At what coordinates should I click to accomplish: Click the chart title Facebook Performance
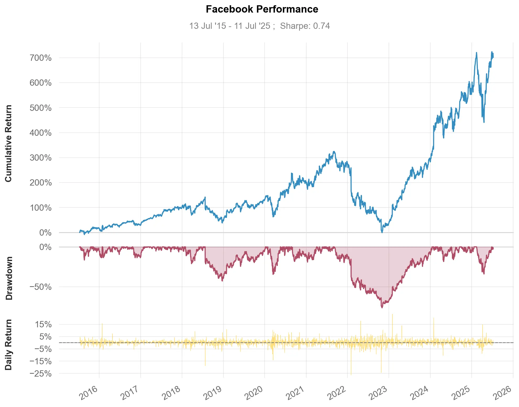[x=262, y=9]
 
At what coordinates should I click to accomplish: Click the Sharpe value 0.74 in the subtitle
[x=322, y=26]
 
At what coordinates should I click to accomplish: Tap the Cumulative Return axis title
[x=9, y=143]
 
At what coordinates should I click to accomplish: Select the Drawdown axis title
[x=9, y=278]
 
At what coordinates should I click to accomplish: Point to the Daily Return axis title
[x=9, y=345]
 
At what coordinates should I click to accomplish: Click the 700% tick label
[x=41, y=58]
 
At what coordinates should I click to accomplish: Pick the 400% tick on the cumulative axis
[x=41, y=133]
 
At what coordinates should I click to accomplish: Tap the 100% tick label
[x=41, y=208]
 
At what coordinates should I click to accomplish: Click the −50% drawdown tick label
[x=41, y=287]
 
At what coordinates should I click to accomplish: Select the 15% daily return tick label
[x=44, y=324]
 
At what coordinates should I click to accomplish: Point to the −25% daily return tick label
[x=41, y=373]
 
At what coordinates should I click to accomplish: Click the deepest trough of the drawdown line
[x=382, y=307]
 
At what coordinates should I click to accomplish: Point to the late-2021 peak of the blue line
[x=334, y=151]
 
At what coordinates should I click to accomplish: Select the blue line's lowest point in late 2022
[x=382, y=232]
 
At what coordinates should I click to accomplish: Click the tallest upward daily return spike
[x=392, y=314]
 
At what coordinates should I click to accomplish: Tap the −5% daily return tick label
[x=44, y=349]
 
